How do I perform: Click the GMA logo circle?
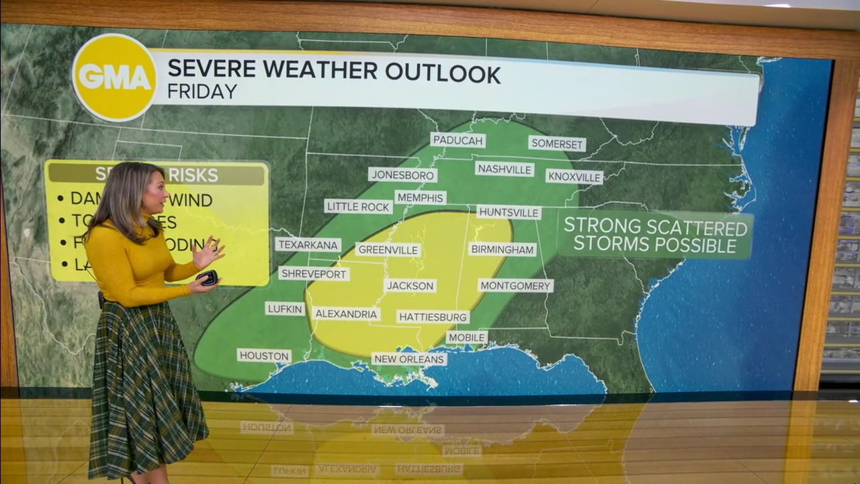click(x=115, y=77)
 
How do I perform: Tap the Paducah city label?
click(x=458, y=140)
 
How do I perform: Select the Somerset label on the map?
click(x=557, y=143)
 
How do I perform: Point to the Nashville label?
click(x=504, y=169)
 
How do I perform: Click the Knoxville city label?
click(x=574, y=177)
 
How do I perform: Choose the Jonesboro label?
click(x=402, y=175)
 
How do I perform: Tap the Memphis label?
click(x=421, y=198)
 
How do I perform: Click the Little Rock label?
click(x=358, y=206)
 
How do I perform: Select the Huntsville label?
click(x=509, y=212)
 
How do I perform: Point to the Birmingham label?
click(x=502, y=249)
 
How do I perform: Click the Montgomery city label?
click(x=515, y=285)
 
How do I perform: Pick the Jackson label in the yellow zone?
click(x=410, y=285)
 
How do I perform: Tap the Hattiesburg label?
click(x=433, y=317)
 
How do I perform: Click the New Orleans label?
click(x=409, y=359)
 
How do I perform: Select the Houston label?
click(x=264, y=355)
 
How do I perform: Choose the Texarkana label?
click(x=308, y=245)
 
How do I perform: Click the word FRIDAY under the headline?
click(x=202, y=91)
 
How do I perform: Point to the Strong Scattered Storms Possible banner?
click(x=654, y=235)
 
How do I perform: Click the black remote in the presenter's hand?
click(x=207, y=277)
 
